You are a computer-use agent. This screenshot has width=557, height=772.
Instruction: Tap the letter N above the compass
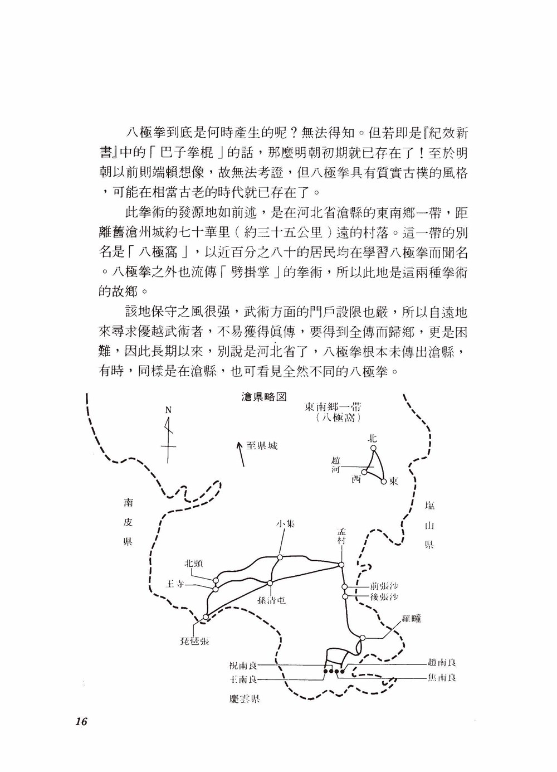tap(168, 410)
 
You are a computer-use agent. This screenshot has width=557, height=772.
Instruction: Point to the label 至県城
tap(262, 446)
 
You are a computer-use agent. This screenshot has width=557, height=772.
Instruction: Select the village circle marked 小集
tap(280, 556)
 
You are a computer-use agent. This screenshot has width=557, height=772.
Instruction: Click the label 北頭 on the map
tap(194, 563)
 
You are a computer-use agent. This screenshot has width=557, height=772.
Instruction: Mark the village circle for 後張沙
tap(345, 596)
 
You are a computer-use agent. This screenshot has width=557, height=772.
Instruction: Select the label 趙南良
tap(442, 663)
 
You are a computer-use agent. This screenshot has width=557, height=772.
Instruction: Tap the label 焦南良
tap(442, 678)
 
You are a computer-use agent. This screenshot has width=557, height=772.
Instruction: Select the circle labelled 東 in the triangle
tap(383, 480)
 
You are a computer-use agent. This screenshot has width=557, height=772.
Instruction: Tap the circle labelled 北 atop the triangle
tap(374, 448)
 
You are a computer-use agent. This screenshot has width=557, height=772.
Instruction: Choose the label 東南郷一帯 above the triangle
tap(333, 406)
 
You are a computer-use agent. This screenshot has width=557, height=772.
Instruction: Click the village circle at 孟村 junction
tap(341, 566)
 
